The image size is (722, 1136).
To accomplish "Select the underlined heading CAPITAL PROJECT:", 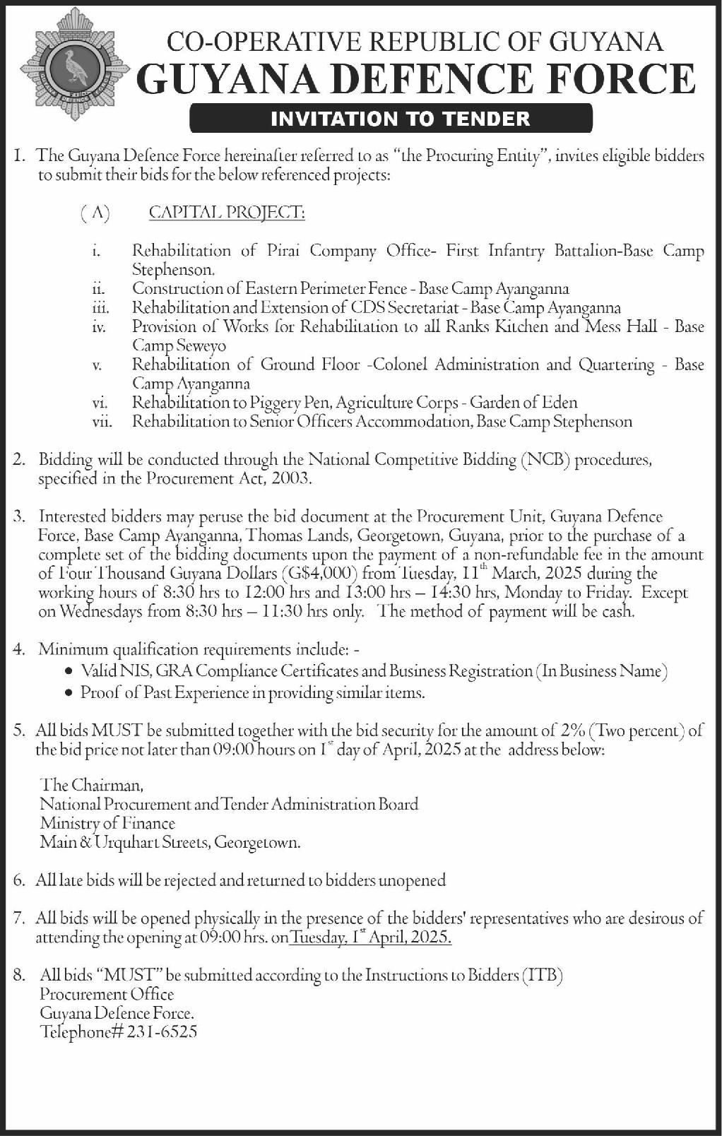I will pos(227,212).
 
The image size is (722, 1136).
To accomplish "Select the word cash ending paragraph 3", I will pos(618,612).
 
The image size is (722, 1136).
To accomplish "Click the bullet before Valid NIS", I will pos(68,671).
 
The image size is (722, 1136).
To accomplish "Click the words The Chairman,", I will pos(92,785).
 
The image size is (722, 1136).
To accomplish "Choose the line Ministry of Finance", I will pos(107,823).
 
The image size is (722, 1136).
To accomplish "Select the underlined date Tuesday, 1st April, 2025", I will pos(371,937).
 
